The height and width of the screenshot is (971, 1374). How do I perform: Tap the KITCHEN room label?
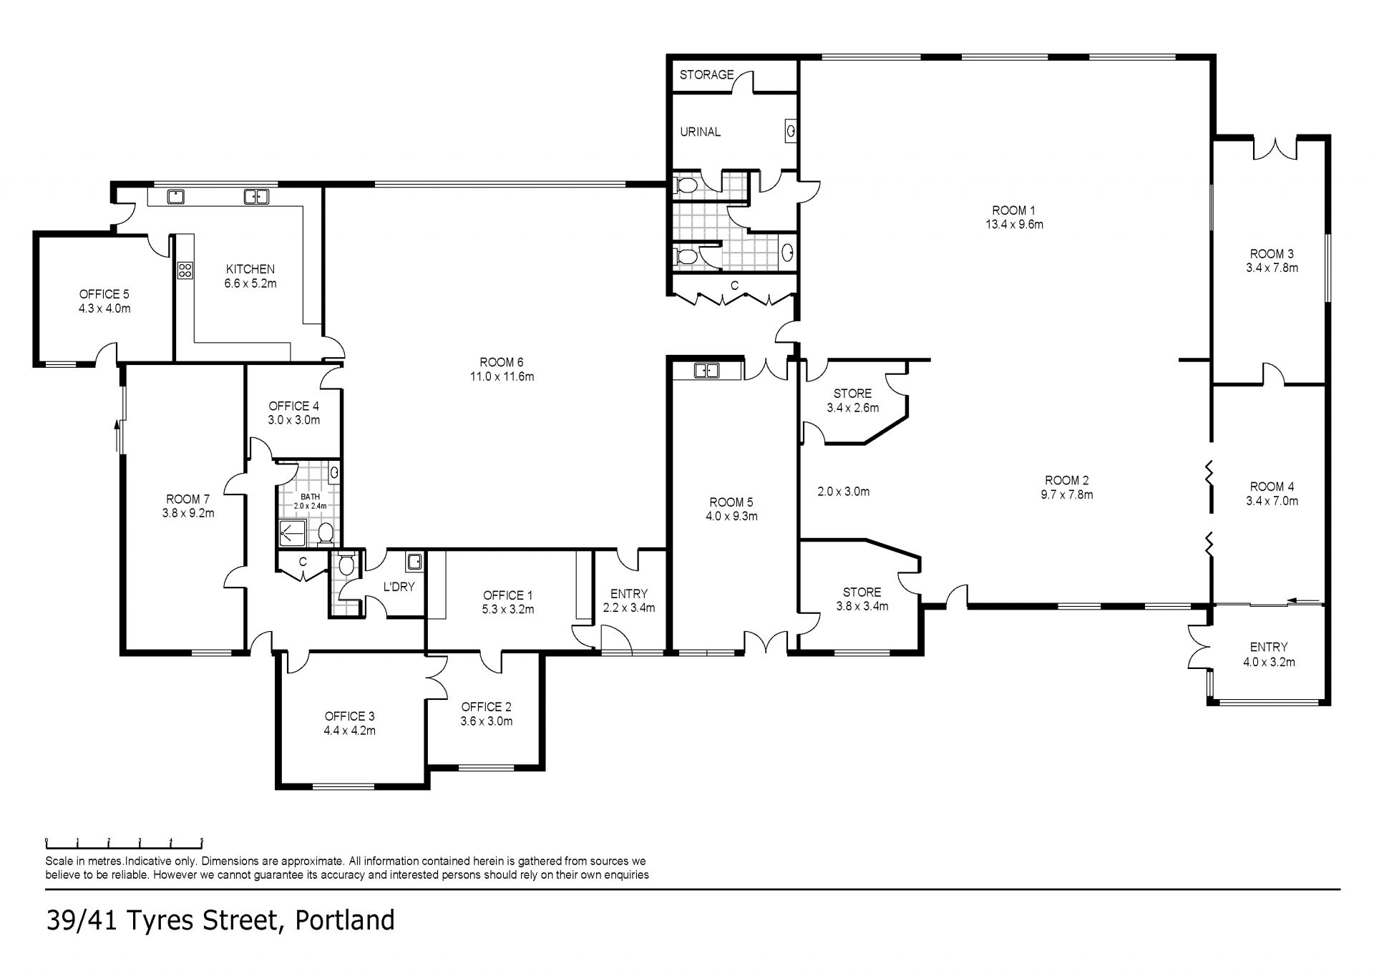[250, 269]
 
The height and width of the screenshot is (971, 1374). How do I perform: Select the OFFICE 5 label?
[104, 294]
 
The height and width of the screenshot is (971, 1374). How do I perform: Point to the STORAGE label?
[706, 74]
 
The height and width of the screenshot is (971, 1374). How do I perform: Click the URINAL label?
[700, 132]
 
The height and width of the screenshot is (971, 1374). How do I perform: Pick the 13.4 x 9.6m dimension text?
[1014, 224]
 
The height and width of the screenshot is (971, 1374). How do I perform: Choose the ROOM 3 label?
[1272, 253]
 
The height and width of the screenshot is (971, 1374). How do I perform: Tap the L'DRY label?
[399, 587]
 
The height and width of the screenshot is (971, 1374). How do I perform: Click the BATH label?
[311, 497]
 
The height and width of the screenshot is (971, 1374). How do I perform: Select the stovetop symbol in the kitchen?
[185, 270]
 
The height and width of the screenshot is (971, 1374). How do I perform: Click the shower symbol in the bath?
[291, 532]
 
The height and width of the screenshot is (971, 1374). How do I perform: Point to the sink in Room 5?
[707, 370]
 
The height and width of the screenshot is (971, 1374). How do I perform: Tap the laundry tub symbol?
[414, 562]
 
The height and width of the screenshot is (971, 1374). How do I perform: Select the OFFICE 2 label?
[487, 707]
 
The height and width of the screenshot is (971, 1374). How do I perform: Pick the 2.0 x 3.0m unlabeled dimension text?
[844, 492]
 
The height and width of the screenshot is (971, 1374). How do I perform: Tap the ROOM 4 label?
[1272, 487]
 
